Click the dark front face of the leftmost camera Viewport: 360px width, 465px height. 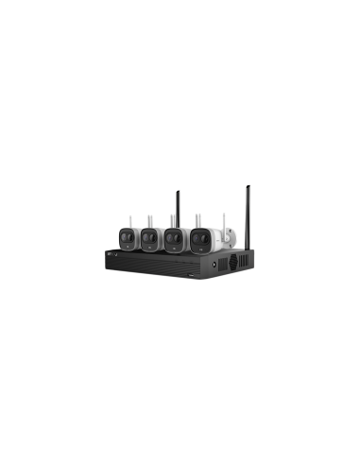click(129, 237)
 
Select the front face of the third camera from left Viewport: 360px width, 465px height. click(175, 237)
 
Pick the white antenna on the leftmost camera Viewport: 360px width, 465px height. click(131, 220)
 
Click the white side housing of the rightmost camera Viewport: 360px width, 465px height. click(214, 238)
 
